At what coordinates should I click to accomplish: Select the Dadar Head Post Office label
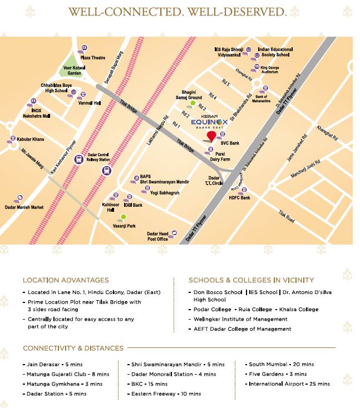(157, 236)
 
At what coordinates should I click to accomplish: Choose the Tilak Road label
(286, 219)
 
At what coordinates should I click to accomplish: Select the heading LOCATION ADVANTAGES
(66, 280)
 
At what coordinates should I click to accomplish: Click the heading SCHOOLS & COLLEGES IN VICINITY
(251, 280)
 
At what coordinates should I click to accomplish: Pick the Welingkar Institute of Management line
(240, 319)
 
